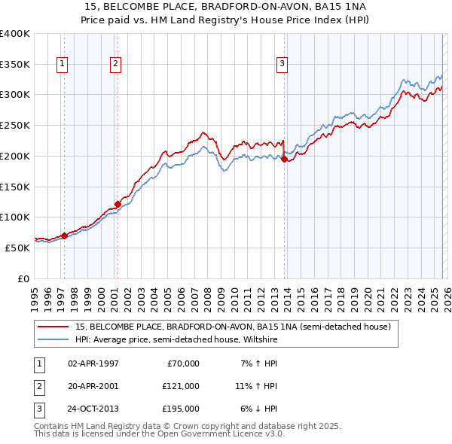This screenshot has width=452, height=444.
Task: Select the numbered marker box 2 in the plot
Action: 115,65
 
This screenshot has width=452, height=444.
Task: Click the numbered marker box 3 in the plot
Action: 282,65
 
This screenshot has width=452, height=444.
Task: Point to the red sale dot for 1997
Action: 64,236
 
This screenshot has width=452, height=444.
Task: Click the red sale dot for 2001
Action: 118,204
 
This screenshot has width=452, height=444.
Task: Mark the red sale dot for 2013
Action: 284,159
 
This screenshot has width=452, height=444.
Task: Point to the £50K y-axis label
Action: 17,248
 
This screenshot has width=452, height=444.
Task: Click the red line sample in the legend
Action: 53,327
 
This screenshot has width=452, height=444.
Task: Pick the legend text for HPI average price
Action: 176,340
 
